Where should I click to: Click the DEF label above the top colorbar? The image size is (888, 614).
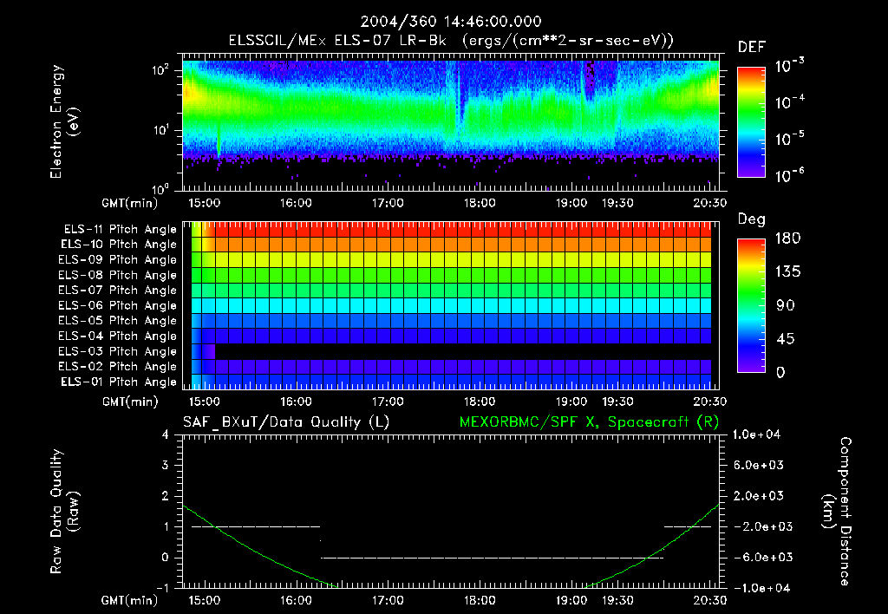[x=750, y=48]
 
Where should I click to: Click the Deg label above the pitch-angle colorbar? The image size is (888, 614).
[x=750, y=219]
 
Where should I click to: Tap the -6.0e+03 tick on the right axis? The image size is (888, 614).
[x=760, y=558]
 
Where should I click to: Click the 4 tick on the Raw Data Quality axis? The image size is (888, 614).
[x=166, y=434]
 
